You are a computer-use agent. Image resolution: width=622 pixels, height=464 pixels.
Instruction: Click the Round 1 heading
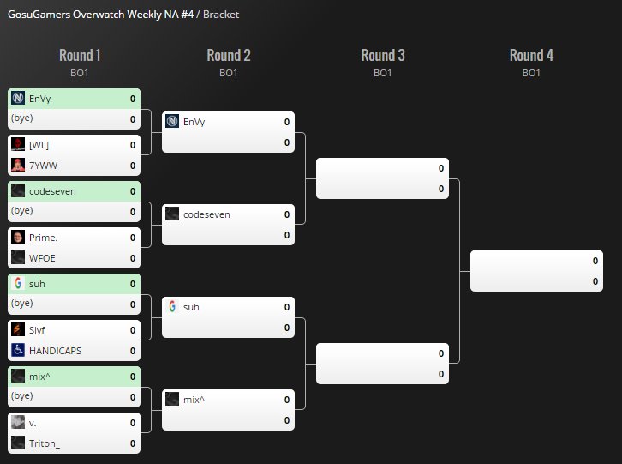[x=80, y=56]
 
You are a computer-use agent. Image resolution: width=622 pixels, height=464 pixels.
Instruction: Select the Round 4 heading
[x=531, y=56]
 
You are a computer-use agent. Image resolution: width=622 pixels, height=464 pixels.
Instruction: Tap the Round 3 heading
[x=383, y=56]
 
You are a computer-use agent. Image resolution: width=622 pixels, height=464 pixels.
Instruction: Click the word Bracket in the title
[x=221, y=15]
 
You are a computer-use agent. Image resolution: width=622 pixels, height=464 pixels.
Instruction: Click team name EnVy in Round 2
[x=194, y=122]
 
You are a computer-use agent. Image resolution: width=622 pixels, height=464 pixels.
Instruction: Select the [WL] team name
[x=39, y=145]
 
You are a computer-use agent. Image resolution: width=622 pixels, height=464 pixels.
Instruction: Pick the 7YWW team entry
[x=42, y=166]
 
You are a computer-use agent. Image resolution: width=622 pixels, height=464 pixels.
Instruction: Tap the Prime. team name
[x=42, y=238]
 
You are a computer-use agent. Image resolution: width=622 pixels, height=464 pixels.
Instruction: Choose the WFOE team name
[x=43, y=258]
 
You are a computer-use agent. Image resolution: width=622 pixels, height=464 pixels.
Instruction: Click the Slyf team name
[x=38, y=330]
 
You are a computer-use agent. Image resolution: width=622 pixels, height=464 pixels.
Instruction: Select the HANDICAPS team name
[x=56, y=351]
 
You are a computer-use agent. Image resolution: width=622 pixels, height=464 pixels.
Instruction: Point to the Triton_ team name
[x=45, y=443]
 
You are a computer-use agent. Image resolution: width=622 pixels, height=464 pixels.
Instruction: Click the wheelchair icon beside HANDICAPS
[x=18, y=351]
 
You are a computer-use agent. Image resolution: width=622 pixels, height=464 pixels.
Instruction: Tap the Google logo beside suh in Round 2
[x=172, y=307]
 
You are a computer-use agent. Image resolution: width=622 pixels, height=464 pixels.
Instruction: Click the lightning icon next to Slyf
[x=18, y=330]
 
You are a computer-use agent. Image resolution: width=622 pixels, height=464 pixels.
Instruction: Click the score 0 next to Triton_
[x=133, y=443]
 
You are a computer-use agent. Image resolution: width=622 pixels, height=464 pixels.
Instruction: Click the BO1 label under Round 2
[x=228, y=74]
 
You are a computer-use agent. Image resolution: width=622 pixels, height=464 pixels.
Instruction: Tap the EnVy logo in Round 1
[x=18, y=99]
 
